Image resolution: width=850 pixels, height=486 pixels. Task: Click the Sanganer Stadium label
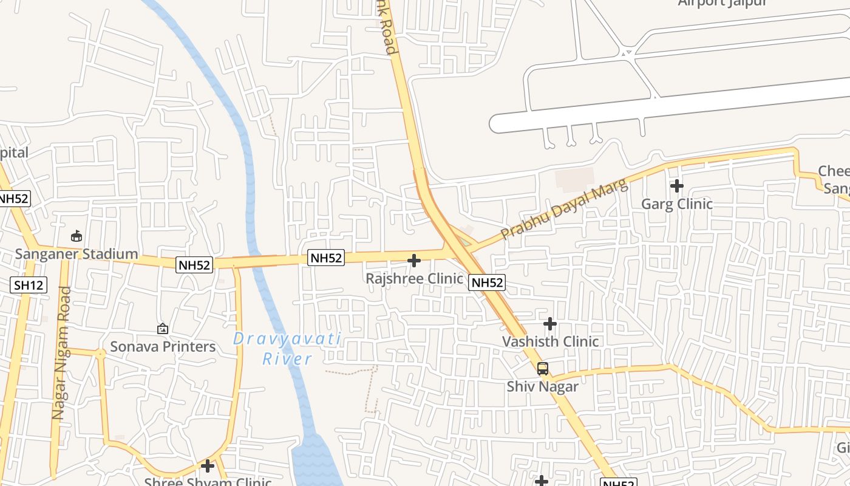pyautogui.click(x=76, y=254)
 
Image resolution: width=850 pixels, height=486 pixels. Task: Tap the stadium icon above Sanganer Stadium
pyautogui.click(x=76, y=236)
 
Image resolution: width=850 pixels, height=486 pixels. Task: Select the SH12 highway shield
pyautogui.click(x=29, y=284)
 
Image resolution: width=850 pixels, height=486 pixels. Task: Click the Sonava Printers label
pyautogui.click(x=163, y=347)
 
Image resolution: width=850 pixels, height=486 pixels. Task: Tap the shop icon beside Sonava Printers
pyautogui.click(x=163, y=329)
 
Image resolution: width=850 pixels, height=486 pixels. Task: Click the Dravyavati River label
pyautogui.click(x=287, y=349)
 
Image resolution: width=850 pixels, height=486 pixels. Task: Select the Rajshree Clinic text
pyautogui.click(x=414, y=279)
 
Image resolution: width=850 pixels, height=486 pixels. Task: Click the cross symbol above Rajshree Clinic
pyautogui.click(x=414, y=261)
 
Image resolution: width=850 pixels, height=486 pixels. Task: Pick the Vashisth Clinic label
pyautogui.click(x=550, y=341)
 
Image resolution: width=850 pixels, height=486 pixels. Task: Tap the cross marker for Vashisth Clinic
pyautogui.click(x=550, y=324)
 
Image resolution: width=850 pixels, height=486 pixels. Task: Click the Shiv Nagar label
pyautogui.click(x=543, y=386)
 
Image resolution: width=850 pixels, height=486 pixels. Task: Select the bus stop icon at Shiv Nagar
pyautogui.click(x=543, y=368)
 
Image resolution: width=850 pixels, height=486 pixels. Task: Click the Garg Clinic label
pyautogui.click(x=677, y=204)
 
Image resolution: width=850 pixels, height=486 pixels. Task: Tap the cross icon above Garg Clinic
pyautogui.click(x=677, y=186)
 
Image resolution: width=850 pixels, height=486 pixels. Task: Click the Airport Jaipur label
pyautogui.click(x=722, y=3)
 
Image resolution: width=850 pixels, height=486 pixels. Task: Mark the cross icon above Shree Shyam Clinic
pyautogui.click(x=208, y=466)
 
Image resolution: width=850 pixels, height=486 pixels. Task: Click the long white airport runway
pyautogui.click(x=668, y=104)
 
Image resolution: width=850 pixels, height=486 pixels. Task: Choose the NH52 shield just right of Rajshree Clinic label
pyautogui.click(x=487, y=282)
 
